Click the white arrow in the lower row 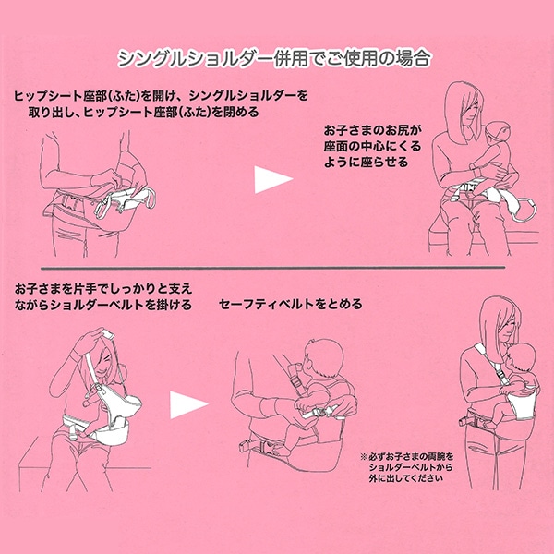pyautogui.click(x=187, y=403)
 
